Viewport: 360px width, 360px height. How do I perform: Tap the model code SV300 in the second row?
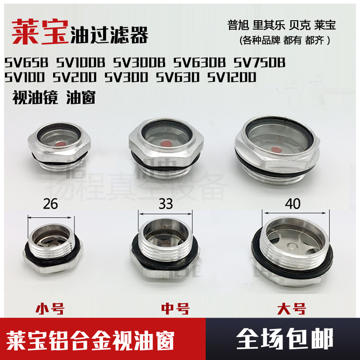coord(127,77)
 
